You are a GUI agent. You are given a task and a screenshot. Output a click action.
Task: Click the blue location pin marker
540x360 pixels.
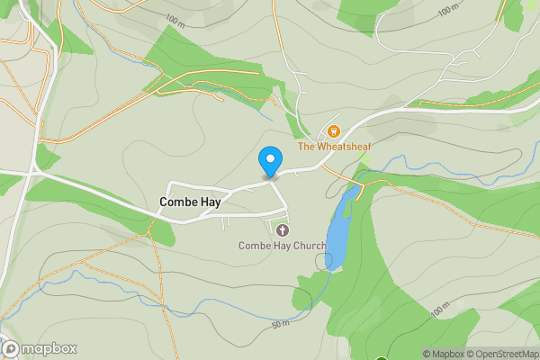(x=269, y=162)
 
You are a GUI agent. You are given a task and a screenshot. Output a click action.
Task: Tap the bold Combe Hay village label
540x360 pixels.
(x=190, y=203)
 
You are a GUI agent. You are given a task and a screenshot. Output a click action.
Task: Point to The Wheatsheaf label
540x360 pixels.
(x=334, y=147)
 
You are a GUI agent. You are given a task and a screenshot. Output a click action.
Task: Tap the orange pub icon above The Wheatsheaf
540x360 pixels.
(x=334, y=130)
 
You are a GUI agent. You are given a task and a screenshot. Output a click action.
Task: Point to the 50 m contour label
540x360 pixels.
(x=281, y=323)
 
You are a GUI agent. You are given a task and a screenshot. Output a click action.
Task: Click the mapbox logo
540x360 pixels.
(x=40, y=348)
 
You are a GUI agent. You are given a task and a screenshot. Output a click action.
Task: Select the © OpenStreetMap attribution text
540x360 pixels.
(x=500, y=354)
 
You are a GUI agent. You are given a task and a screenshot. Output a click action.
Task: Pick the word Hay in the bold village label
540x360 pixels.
(x=211, y=203)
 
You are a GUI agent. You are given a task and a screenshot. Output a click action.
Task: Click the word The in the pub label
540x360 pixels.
(x=305, y=147)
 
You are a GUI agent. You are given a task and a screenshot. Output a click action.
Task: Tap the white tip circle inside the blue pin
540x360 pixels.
(x=269, y=159)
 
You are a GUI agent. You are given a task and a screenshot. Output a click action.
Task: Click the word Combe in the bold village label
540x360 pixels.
(x=178, y=203)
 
